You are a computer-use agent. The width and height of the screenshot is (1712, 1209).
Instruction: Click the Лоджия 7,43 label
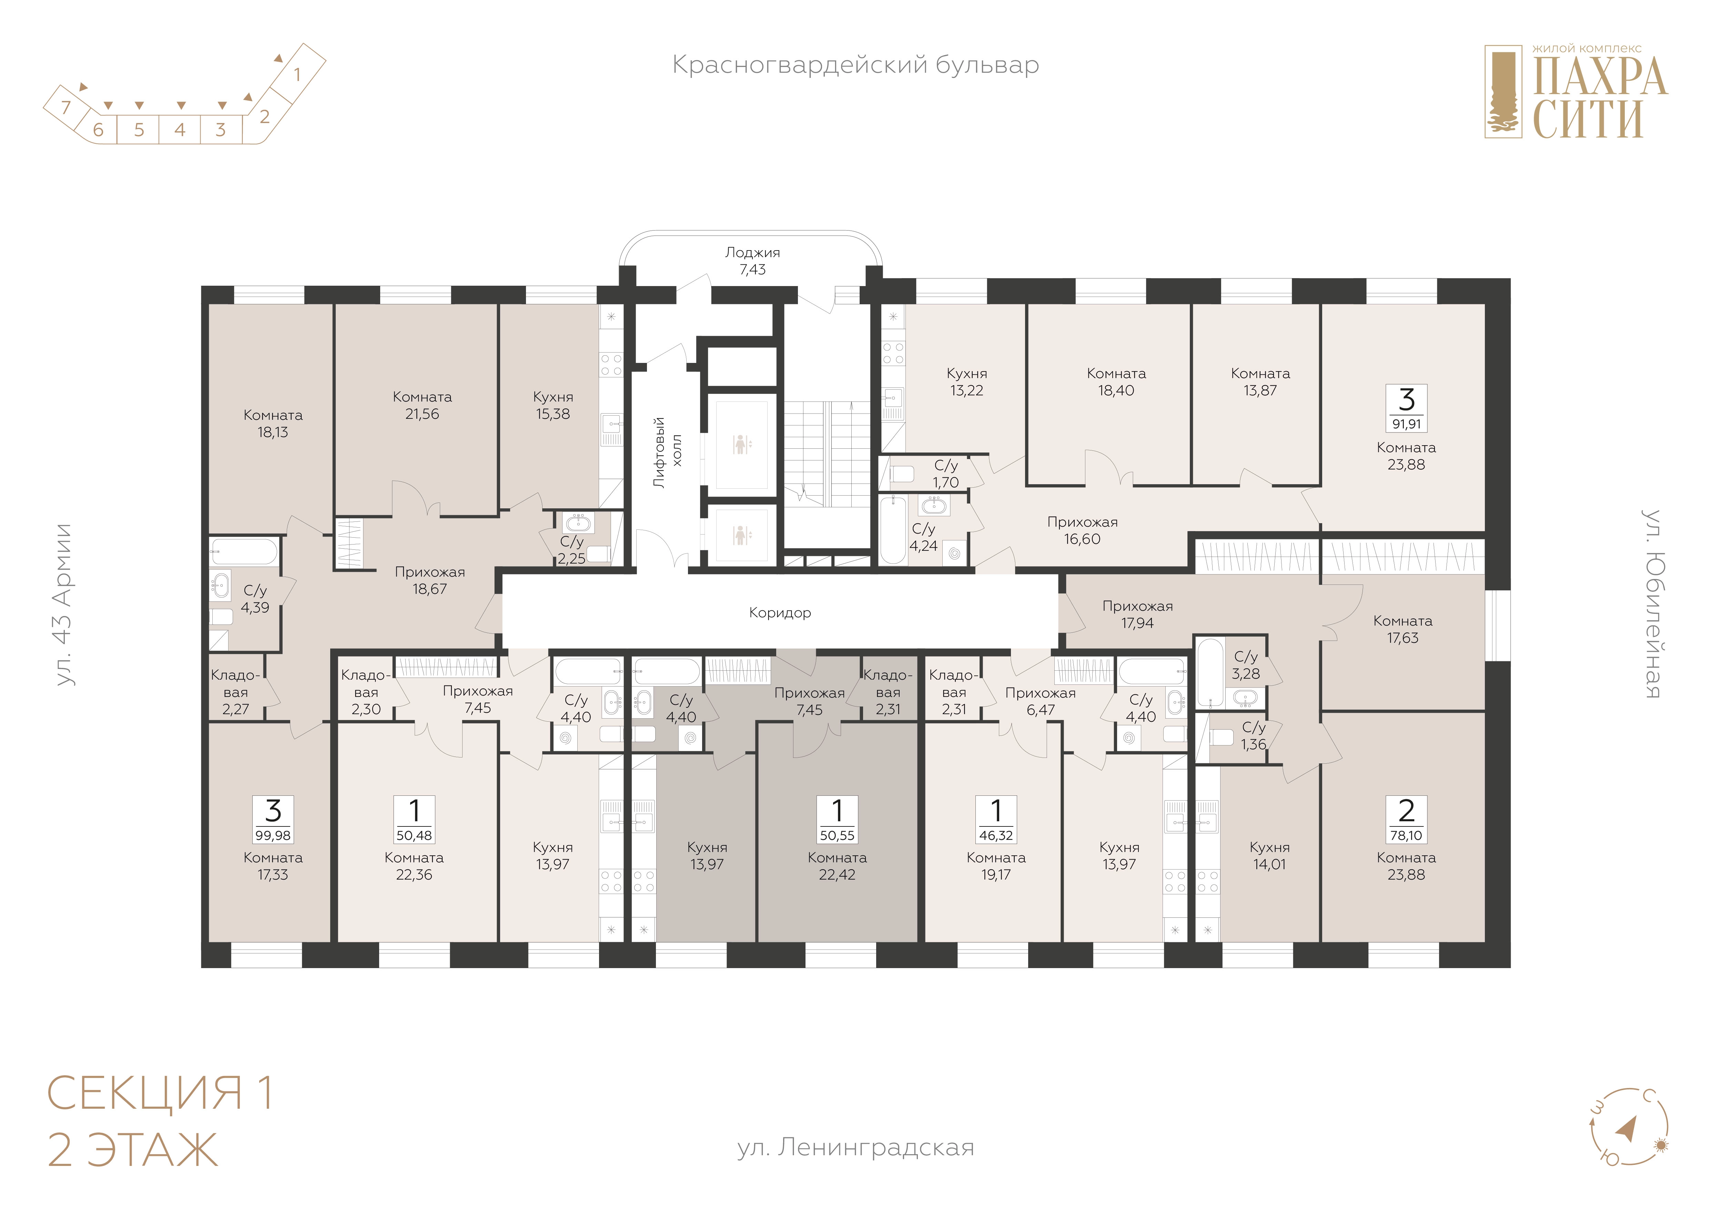point(752,261)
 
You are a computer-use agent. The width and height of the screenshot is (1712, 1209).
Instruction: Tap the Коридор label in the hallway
point(780,613)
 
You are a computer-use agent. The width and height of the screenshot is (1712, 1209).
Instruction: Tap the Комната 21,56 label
point(422,406)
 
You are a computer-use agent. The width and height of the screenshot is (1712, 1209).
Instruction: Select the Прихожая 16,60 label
point(1082,531)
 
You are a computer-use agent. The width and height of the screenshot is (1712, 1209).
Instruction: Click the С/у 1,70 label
point(945,474)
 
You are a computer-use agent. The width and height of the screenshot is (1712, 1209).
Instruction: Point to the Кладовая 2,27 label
point(236,692)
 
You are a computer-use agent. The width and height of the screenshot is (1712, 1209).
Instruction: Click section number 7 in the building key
point(65,107)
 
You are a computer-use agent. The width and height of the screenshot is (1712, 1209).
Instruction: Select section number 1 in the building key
point(297,74)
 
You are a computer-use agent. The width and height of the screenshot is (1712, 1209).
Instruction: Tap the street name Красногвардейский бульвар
point(855,65)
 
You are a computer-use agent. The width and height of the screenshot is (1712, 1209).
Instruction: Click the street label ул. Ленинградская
point(855,1147)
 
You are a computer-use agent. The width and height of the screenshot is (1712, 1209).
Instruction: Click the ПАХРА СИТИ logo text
point(1599,97)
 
